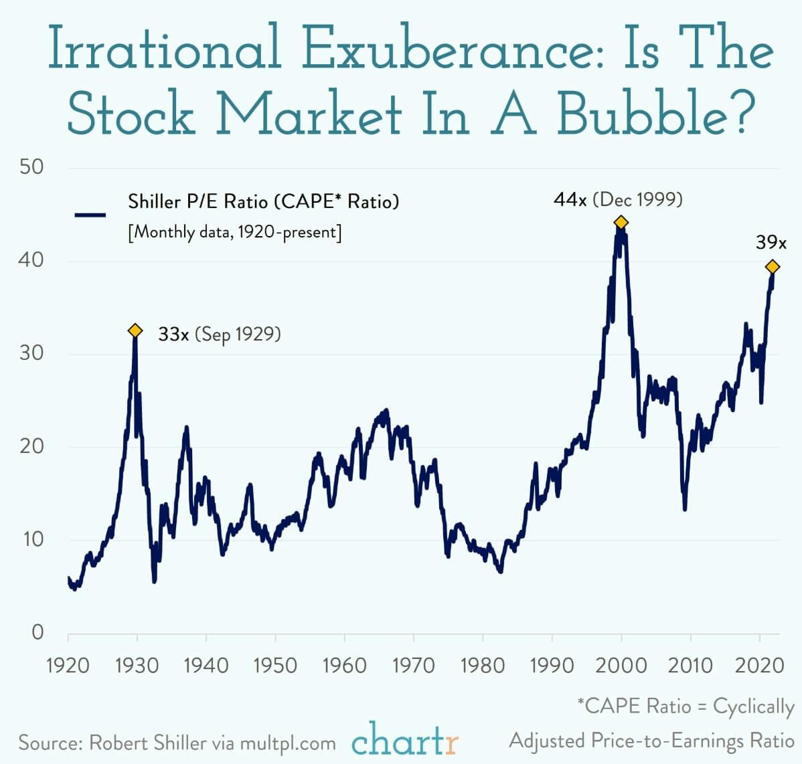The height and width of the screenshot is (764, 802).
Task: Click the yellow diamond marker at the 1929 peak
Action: pyautogui.click(x=135, y=330)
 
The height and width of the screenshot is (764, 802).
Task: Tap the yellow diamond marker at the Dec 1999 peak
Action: pyautogui.click(x=621, y=222)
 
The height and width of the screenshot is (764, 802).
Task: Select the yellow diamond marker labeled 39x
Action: pyautogui.click(x=773, y=267)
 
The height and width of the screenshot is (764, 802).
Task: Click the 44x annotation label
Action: pyautogui.click(x=570, y=199)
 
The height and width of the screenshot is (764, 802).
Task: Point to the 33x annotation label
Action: pyautogui.click(x=173, y=334)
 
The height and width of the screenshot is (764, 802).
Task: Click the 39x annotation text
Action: pyautogui.click(x=771, y=242)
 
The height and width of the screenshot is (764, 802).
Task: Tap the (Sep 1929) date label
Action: pyautogui.click(x=238, y=334)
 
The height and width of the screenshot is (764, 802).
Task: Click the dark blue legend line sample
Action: pyautogui.click(x=90, y=215)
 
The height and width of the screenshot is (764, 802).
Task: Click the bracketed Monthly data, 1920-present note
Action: pyautogui.click(x=235, y=233)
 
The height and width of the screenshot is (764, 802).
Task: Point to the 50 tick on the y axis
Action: pyautogui.click(x=31, y=167)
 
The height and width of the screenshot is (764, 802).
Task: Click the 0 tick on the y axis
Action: pyautogui.click(x=37, y=632)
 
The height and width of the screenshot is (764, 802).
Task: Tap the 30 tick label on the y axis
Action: pyautogui.click(x=31, y=353)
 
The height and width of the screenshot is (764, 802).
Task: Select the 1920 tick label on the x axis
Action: pyautogui.click(x=68, y=665)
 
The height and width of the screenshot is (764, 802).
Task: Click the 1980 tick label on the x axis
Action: pyautogui.click(x=483, y=665)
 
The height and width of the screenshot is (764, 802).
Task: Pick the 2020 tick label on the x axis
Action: pyautogui.click(x=759, y=665)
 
